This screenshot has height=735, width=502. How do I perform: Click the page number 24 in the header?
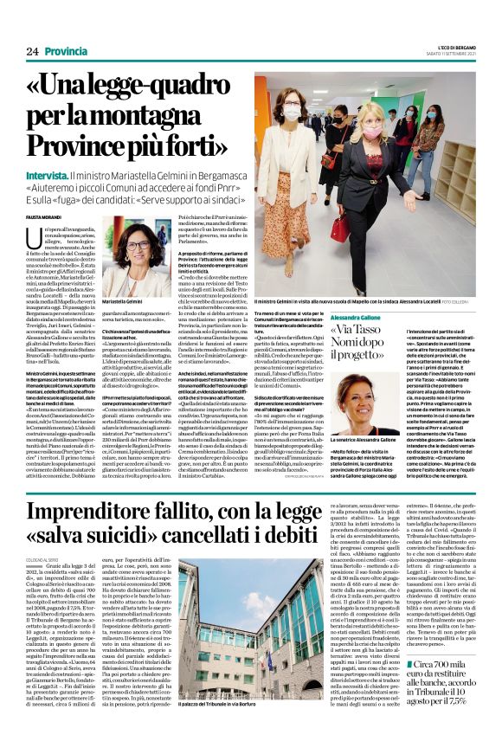[x=33, y=52]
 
